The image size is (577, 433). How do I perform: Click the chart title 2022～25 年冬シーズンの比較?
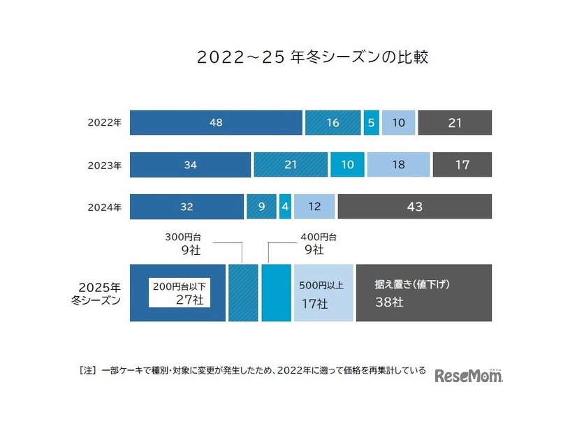pyautogui.click(x=312, y=57)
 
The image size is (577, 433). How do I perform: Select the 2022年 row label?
pyautogui.click(x=104, y=123)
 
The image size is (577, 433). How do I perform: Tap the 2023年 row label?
pyautogui.click(x=104, y=166)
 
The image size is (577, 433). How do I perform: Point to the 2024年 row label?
pyautogui.click(x=104, y=207)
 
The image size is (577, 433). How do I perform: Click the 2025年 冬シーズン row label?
pyautogui.click(x=100, y=293)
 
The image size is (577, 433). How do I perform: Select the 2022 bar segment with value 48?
pyautogui.click(x=216, y=123)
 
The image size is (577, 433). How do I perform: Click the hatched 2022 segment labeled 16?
pyautogui.click(x=333, y=123)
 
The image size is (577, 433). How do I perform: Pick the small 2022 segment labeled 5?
pyautogui.click(x=371, y=123)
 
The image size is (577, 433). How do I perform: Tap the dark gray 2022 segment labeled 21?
pyautogui.click(x=455, y=123)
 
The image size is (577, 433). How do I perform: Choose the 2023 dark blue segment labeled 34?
pyautogui.click(x=190, y=166)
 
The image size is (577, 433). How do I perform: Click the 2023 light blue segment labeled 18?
pyautogui.click(x=398, y=166)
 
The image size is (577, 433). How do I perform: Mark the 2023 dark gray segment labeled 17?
pyautogui.click(x=462, y=166)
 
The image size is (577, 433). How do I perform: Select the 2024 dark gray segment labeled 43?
pyautogui.click(x=414, y=207)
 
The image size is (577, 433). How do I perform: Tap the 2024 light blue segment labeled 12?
pyautogui.click(x=314, y=207)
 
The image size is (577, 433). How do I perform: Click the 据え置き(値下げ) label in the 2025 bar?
pyautogui.click(x=411, y=285)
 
